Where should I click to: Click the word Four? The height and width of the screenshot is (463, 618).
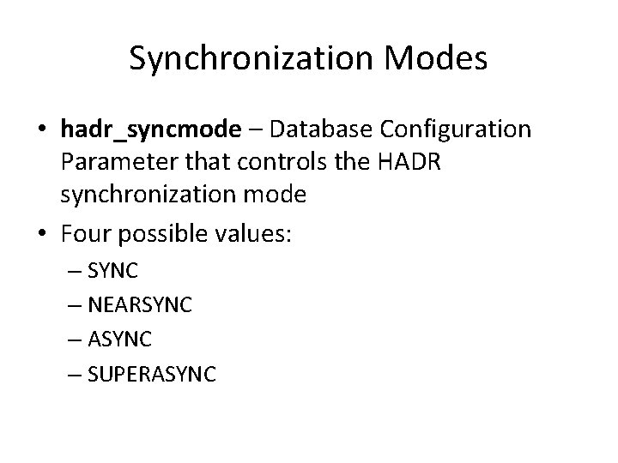point(86,231)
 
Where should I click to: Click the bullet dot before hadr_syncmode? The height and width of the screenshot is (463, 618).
point(43,129)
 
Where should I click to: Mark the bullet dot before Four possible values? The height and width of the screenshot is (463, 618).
point(43,232)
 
